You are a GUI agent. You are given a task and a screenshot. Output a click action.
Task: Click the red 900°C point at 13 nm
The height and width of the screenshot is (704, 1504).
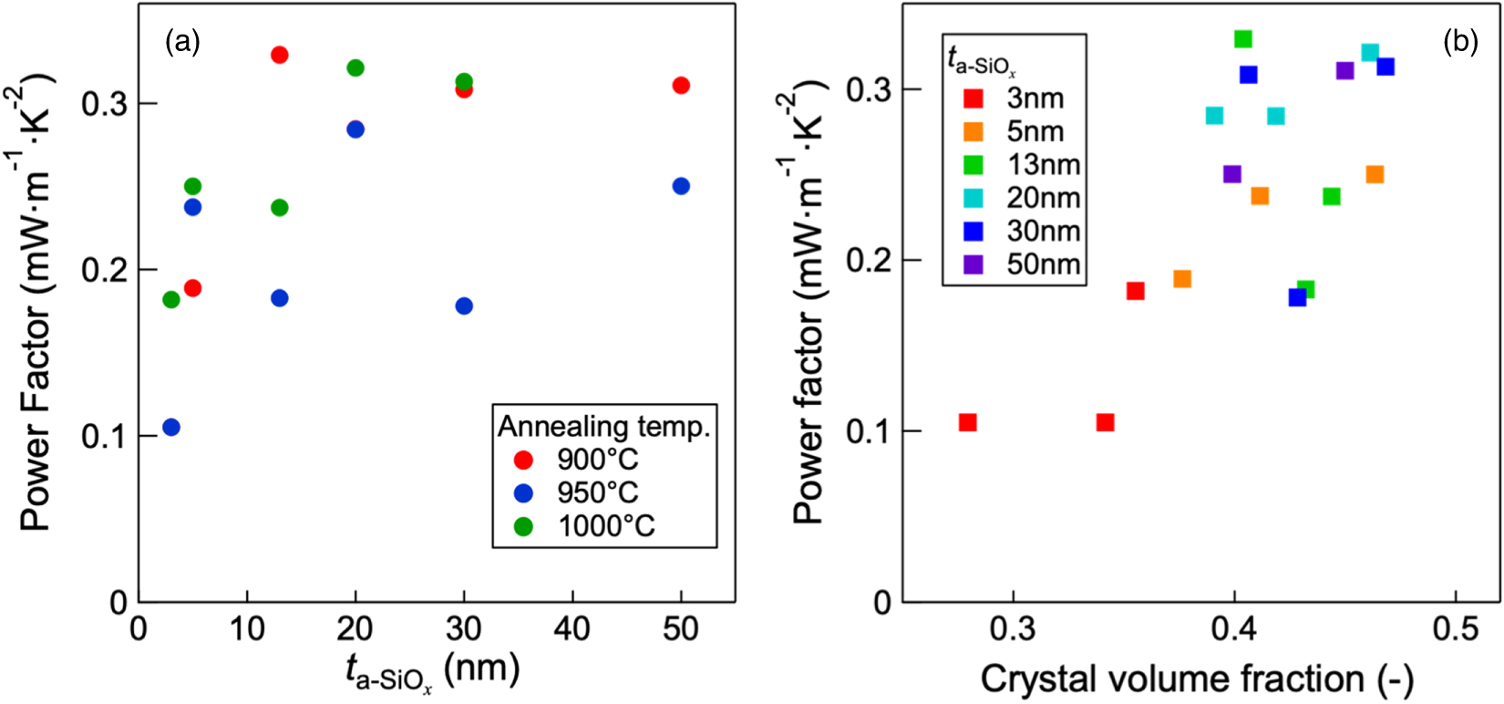point(280,55)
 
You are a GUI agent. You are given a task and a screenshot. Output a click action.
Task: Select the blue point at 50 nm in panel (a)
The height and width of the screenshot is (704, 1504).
point(681,186)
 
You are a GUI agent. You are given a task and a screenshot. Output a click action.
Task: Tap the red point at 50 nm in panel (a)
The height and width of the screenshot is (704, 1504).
point(681,86)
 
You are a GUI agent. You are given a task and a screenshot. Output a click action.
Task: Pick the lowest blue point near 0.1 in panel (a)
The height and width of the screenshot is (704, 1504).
point(171,427)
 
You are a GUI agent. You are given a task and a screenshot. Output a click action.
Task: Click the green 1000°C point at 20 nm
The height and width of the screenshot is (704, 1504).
point(355,67)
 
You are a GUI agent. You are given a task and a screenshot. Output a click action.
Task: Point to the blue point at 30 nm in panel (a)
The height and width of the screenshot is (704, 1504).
point(464,305)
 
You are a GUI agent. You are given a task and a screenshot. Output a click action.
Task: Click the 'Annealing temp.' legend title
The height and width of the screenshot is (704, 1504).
point(603,426)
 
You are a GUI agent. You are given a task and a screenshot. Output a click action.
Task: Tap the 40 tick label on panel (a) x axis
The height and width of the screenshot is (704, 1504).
point(572,628)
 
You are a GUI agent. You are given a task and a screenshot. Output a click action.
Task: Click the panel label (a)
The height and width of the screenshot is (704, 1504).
point(182,41)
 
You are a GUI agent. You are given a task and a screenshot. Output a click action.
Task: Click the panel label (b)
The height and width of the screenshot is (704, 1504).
point(1459,41)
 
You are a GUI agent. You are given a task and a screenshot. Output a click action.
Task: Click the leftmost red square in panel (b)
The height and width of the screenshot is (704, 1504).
point(968,422)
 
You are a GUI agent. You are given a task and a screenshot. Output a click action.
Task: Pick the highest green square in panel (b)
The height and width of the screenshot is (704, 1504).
point(1243,39)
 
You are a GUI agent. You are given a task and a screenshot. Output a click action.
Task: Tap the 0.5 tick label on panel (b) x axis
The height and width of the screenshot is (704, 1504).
point(1456,629)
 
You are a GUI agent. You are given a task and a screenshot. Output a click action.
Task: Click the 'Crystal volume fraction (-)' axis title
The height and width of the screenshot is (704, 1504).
point(1197,678)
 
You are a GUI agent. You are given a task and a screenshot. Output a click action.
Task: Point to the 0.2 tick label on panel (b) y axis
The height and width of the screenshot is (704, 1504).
point(869,260)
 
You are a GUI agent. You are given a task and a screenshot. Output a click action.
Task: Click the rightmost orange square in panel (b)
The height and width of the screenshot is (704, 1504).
point(1375,174)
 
